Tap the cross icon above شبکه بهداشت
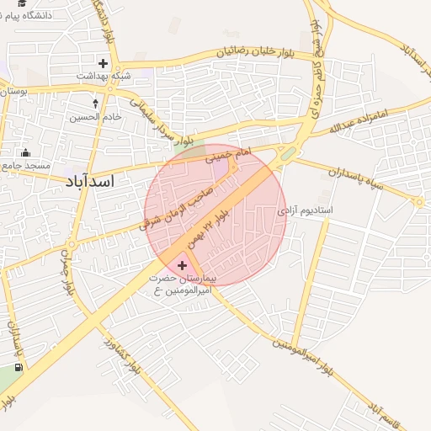click(104, 62)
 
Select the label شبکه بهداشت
click(104, 76)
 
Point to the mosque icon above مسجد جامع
click(25, 152)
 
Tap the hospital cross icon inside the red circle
click(183, 265)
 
